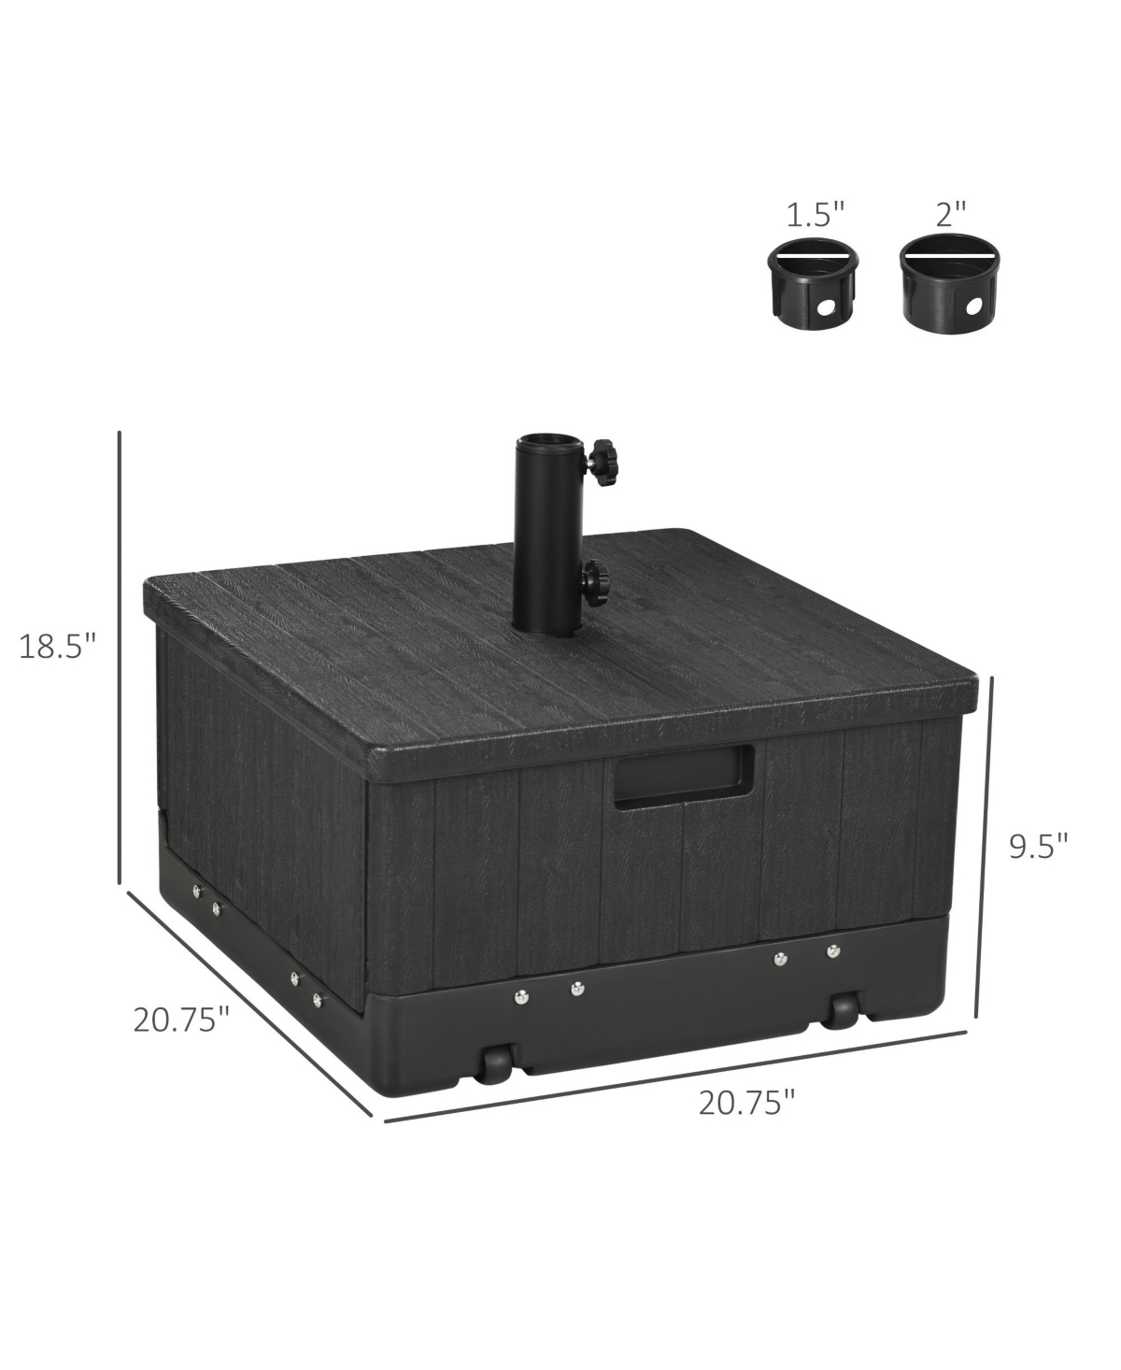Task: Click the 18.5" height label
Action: (58, 646)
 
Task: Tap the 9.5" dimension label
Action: (1038, 846)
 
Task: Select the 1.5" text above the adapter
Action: (815, 215)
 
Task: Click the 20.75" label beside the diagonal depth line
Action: (181, 1018)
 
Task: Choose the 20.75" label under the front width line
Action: (746, 1103)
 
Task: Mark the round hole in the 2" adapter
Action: (975, 306)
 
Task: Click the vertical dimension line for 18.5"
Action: (120, 654)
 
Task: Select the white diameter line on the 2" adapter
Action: (949, 255)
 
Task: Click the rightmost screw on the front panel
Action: (831, 951)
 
